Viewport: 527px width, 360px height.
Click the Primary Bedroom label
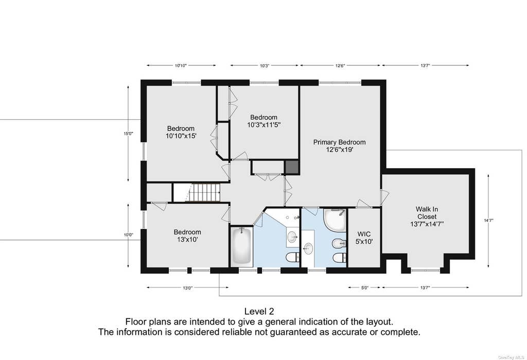pos(339,146)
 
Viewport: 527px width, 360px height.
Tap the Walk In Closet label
pos(427,217)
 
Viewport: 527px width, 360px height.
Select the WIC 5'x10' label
pos(364,238)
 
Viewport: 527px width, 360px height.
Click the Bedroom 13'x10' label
pos(187,236)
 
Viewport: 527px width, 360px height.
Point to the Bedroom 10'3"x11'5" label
pos(264,121)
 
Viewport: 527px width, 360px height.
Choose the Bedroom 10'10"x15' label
pos(181,132)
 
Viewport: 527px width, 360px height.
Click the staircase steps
pos(203,192)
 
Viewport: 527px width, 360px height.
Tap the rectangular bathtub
pos(241,246)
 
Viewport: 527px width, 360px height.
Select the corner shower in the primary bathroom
pos(335,220)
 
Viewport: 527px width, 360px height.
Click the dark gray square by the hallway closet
pos(291,167)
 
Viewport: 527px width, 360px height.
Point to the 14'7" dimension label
pos(488,221)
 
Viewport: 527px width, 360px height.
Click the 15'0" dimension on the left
pos(128,133)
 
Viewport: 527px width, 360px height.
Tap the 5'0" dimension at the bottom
pos(365,287)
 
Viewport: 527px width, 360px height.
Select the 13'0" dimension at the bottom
pos(187,288)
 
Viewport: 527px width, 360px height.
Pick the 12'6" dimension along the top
pos(340,66)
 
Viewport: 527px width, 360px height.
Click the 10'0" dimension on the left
pos(128,235)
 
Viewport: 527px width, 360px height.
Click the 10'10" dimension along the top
pos(181,66)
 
